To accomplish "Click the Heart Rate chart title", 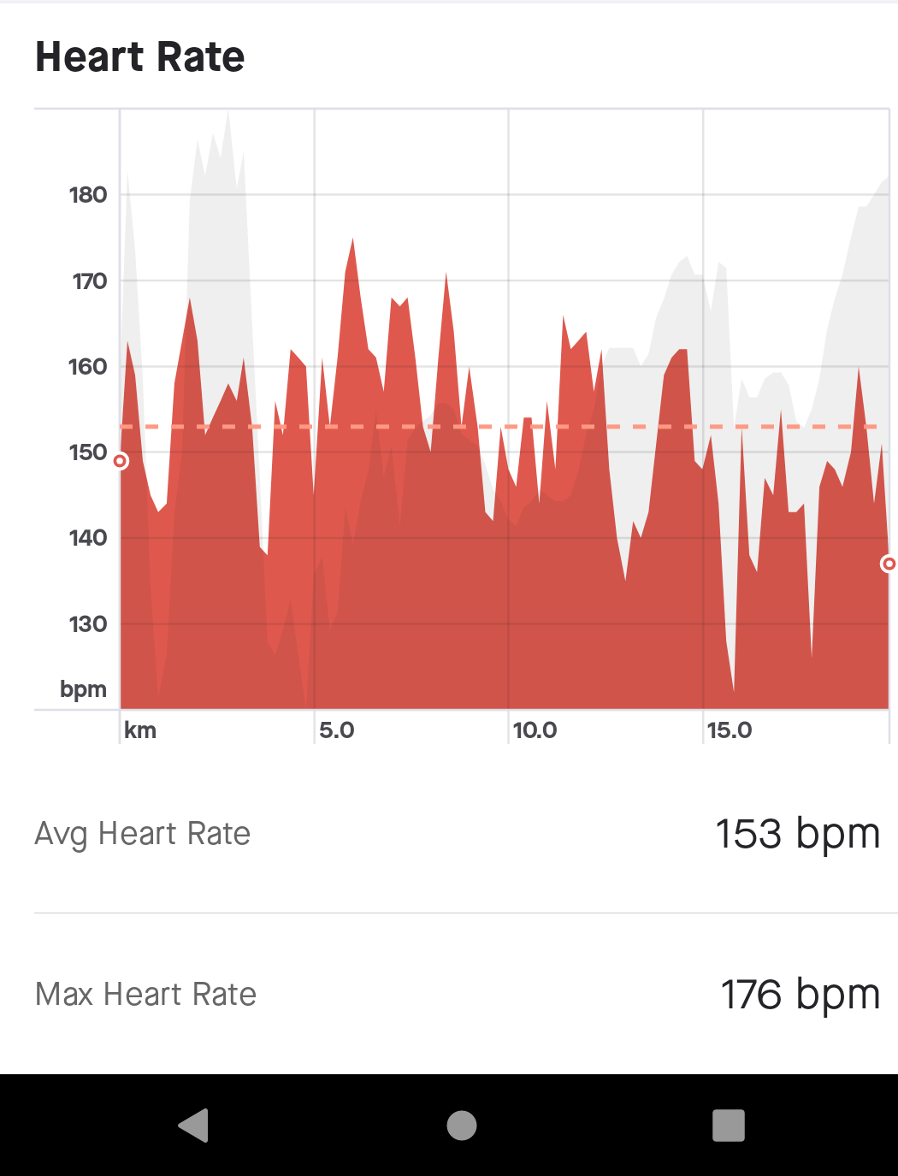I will pos(140,57).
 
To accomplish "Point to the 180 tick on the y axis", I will pos(88,195).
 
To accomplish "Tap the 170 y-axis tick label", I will pos(89,281).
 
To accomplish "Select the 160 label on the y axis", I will pos(88,367).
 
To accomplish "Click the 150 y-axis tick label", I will pos(88,452).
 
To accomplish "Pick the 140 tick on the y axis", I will pos(88,538).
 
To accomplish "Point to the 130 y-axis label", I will pos(88,624).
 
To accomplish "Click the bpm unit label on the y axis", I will pos(83,689).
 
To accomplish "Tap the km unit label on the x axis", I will pos(140,730).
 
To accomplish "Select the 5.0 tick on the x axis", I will pos(336,730).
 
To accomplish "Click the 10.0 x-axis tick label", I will pos(535,730).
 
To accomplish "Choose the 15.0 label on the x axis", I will pos(730,730).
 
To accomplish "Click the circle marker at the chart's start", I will pos(121,462).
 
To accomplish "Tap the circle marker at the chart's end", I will pos(889,564).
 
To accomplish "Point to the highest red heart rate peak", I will pos(352,240).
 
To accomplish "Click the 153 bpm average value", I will pos(797,834).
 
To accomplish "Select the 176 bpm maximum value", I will pos(800,995).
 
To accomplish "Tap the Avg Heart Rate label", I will pos(143,834).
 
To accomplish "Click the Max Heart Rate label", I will pos(146,995).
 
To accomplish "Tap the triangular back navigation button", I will pos(194,1126).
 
